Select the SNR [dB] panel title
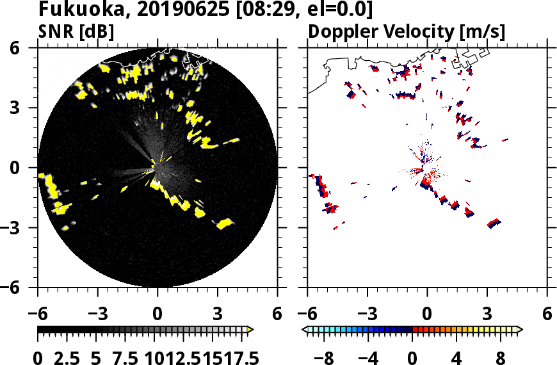[x=76, y=31]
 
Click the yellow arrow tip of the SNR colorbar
[x=250, y=330]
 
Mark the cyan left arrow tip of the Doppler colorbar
[x=305, y=330]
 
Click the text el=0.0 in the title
[x=334, y=10]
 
